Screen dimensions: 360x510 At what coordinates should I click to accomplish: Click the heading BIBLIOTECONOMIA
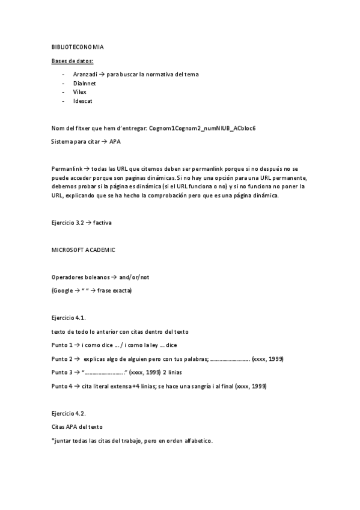click(76, 46)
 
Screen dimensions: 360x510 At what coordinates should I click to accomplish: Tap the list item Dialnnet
click(84, 83)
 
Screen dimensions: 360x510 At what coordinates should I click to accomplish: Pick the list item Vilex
click(80, 92)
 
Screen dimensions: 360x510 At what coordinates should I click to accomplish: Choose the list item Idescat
click(83, 101)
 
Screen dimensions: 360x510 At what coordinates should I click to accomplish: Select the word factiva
click(102, 223)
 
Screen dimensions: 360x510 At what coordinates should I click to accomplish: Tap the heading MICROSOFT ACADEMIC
click(83, 250)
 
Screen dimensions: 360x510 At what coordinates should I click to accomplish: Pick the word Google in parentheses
click(63, 290)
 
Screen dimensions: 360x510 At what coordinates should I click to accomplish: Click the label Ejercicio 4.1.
click(69, 317)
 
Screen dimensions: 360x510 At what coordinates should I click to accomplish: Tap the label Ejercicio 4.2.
click(69, 413)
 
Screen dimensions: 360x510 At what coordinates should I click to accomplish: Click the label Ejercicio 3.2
click(67, 223)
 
